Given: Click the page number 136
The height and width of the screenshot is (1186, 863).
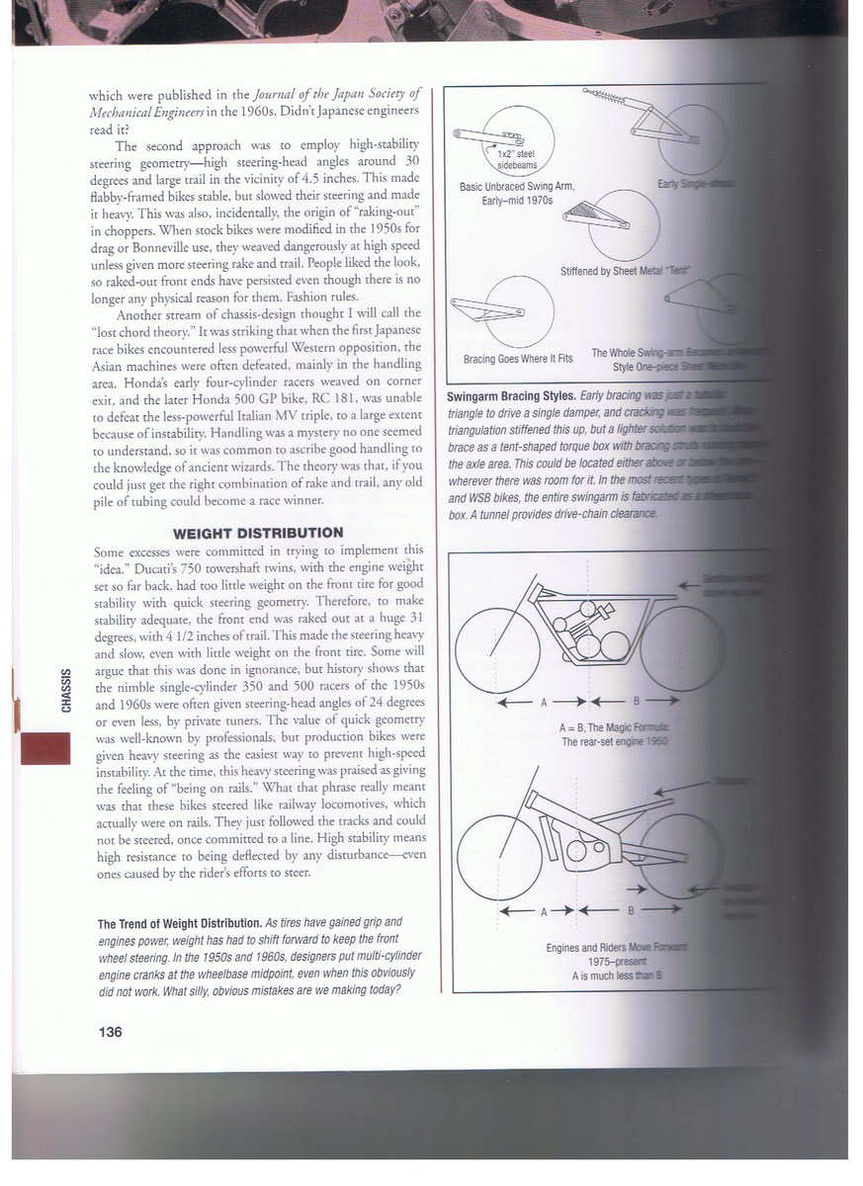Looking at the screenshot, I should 110,1033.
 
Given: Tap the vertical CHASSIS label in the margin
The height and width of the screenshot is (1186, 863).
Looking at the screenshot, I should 65,690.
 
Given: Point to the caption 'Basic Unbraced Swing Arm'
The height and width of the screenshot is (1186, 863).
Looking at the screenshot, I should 517,186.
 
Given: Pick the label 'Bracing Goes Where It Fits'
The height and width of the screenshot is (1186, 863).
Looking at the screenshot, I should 518,359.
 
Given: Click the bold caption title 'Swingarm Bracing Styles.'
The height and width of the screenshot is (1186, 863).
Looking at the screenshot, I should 514,395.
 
